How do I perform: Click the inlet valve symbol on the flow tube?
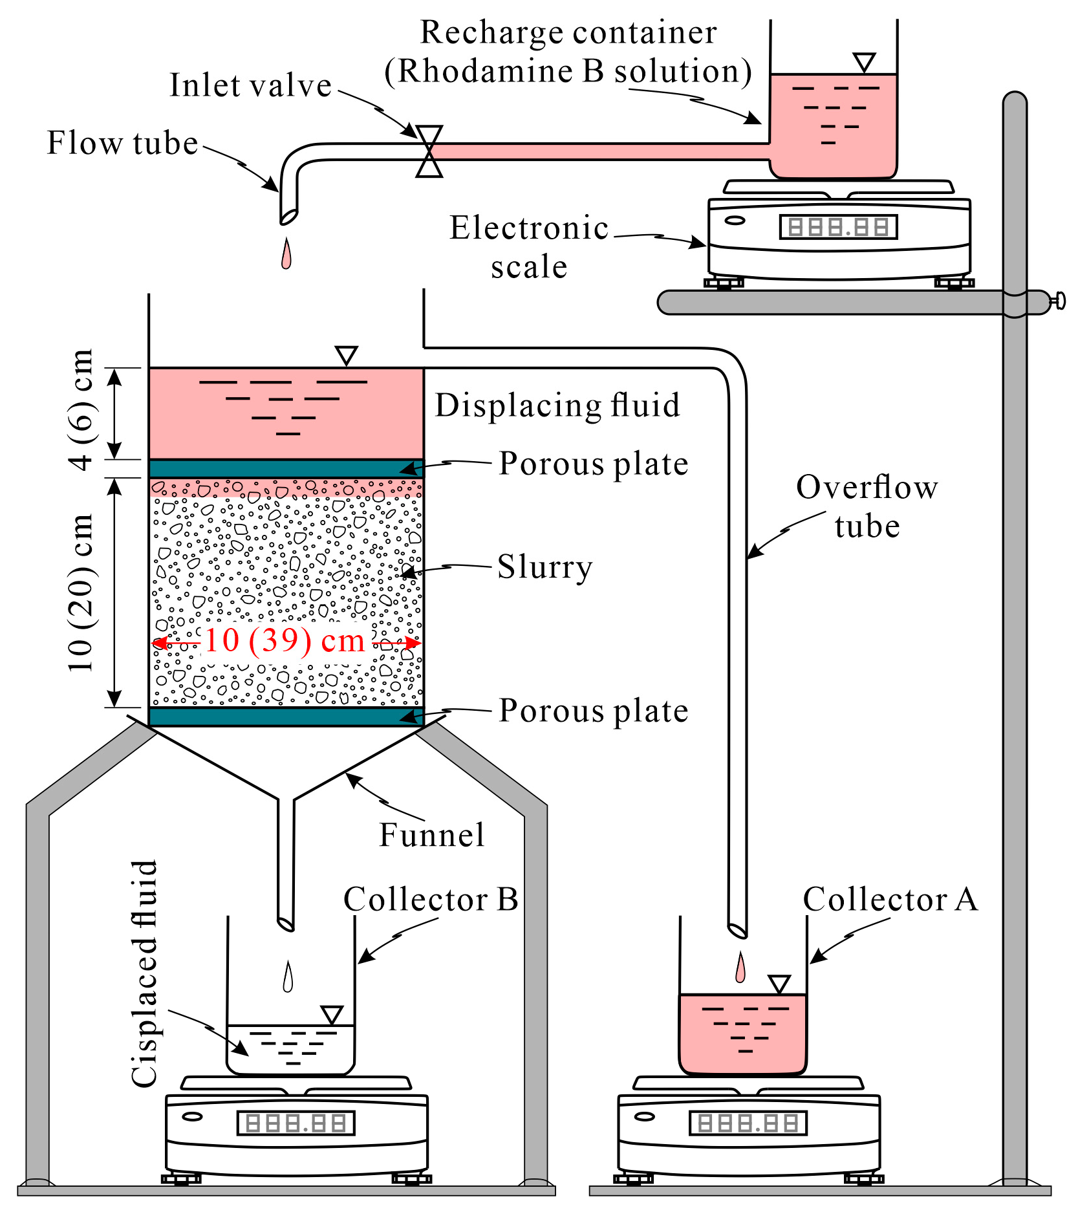coord(429,151)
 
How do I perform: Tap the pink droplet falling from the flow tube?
coord(286,254)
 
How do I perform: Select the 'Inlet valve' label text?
coord(250,85)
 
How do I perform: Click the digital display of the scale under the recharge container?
coord(838,227)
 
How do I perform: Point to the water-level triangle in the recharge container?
coord(864,63)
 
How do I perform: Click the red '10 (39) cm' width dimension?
coord(285,641)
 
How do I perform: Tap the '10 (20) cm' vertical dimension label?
coord(82,592)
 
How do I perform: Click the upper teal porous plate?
coord(286,468)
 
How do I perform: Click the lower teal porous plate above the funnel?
coord(286,717)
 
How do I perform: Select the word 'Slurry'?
coord(544,567)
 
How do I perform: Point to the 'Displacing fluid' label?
coord(557,406)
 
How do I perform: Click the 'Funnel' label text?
coord(431,835)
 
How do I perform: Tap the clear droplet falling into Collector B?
coord(288,978)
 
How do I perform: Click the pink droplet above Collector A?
coord(740,968)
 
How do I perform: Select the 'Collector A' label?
coord(890,900)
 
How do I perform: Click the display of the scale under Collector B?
coord(296,1123)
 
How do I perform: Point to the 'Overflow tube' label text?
coord(866,506)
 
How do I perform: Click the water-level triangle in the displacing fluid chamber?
coord(347,355)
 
